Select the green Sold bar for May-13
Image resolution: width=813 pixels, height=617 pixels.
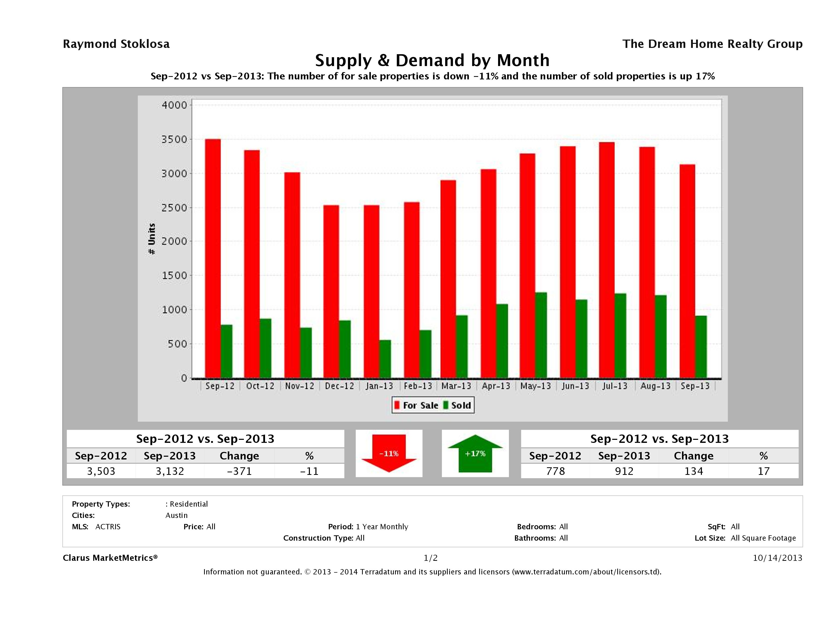[541, 335]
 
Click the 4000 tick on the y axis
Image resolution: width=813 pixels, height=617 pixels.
[175, 105]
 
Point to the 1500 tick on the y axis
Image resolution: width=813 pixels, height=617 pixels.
[175, 275]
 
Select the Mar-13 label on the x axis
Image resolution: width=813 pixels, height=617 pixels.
[456, 386]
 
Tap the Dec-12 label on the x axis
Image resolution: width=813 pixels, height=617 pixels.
[339, 386]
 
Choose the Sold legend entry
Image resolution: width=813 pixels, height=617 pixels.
[457, 405]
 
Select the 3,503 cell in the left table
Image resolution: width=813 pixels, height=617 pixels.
[101, 471]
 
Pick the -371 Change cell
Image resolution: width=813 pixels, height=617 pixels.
[239, 471]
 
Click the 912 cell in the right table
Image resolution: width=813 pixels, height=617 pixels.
[624, 471]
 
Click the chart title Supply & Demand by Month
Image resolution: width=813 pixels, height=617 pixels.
[432, 60]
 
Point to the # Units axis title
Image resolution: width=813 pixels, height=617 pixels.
[151, 239]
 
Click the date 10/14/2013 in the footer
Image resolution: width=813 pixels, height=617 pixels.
[777, 558]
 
